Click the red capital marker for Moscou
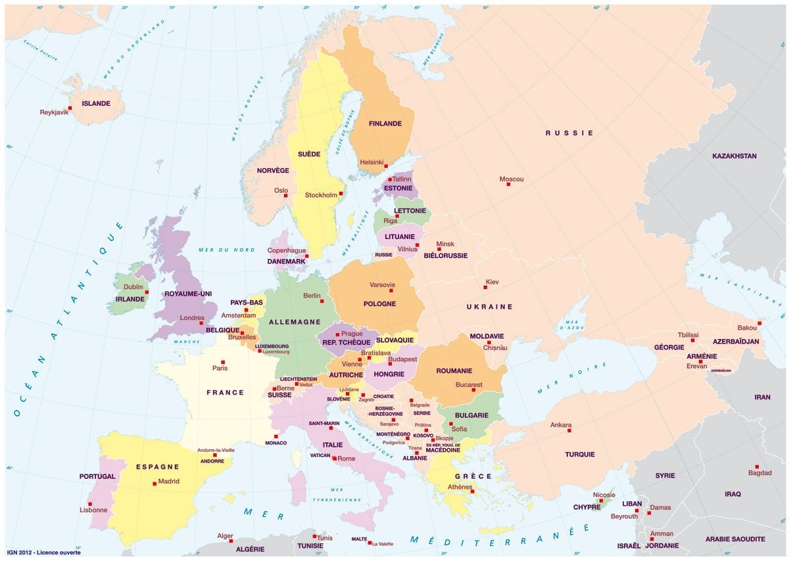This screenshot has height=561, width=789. [x=508, y=185]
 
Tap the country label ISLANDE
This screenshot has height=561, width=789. [x=95, y=104]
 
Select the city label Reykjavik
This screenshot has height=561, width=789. [x=54, y=112]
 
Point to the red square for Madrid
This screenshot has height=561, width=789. [x=155, y=483]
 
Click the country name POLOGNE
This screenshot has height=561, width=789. [x=379, y=304]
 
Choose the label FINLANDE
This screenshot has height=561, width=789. [x=385, y=123]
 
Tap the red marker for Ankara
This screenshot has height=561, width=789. [x=569, y=430]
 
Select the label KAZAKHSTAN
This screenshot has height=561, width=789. [x=734, y=156]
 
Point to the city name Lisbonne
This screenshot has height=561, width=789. [x=93, y=510]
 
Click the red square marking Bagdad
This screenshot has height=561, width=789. [x=757, y=466]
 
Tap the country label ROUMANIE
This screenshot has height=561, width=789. [x=454, y=371]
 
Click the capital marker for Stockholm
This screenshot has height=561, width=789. [x=341, y=194]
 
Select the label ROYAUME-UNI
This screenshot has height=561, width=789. [x=188, y=294]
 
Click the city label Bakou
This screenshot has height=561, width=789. [x=747, y=328]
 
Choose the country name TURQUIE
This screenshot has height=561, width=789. [x=579, y=455]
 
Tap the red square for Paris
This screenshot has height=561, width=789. [x=223, y=362]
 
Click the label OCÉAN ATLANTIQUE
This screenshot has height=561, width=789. [x=66, y=322]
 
